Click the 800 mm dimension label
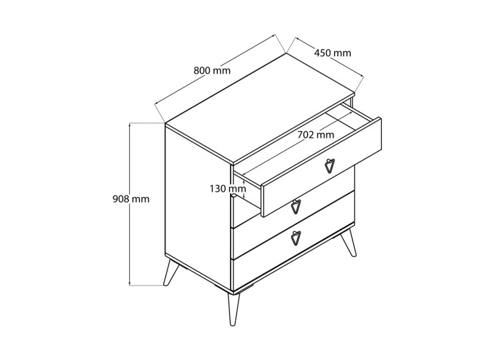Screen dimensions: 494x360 [x=212, y=70]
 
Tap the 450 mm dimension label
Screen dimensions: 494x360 [x=332, y=53]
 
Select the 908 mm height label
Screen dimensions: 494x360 [x=131, y=199]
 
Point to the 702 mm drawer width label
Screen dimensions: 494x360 [x=315, y=134]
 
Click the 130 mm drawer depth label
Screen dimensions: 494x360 [x=228, y=189]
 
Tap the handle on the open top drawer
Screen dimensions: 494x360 [x=330, y=165]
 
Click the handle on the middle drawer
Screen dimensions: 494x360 [x=295, y=207]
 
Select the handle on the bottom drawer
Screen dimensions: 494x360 [x=296, y=238]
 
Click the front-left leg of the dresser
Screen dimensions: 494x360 [x=171, y=273]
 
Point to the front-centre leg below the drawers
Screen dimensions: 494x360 [x=233, y=310]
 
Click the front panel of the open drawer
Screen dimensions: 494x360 [x=321, y=167]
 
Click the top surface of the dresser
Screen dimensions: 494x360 [x=260, y=109]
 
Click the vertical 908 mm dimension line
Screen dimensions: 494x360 [x=130, y=204]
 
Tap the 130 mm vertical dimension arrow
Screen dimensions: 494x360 [x=244, y=189]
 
